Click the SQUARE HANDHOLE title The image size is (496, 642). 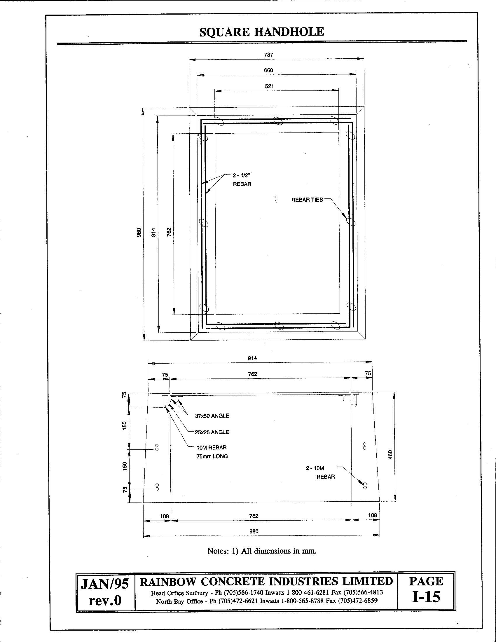[261, 32]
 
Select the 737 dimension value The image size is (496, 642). [268, 55]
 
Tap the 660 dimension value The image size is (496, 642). [268, 70]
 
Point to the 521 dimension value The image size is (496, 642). [269, 86]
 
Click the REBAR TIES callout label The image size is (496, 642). [307, 200]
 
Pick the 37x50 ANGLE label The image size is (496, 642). [212, 416]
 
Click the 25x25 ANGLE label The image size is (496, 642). [212, 432]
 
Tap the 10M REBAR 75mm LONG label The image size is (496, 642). [212, 452]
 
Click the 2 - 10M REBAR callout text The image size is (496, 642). [320, 472]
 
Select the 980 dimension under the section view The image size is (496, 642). [254, 531]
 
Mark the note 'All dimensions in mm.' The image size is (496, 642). [262, 551]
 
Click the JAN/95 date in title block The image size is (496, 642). [105, 585]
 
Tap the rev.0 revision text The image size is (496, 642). [105, 600]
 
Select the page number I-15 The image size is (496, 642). [426, 597]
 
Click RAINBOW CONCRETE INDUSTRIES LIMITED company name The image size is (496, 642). [266, 581]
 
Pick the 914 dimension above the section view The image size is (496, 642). [252, 358]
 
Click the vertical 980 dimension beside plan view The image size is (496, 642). [139, 232]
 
